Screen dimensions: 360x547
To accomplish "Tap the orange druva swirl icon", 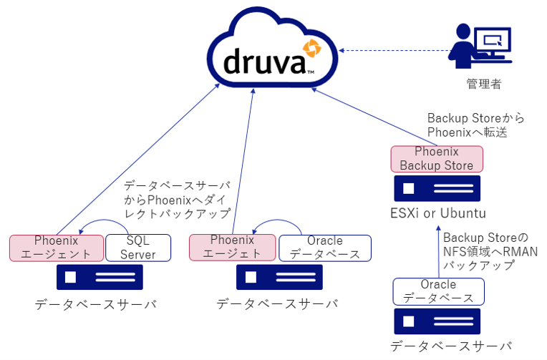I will coord(311,49).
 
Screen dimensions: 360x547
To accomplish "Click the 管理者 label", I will coord(484,84).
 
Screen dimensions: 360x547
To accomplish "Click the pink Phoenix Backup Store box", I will coord(437,159).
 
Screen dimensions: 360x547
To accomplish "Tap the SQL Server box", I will coord(138,248).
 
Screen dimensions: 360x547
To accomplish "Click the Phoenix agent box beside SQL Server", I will coord(56,248).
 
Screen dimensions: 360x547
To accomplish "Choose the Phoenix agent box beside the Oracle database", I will coord(233,248).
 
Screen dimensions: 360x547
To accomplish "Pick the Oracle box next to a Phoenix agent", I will coord(324,248).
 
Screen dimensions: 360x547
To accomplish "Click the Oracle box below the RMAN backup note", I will coord(438,291).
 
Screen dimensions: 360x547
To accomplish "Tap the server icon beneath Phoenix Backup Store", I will coord(437,188).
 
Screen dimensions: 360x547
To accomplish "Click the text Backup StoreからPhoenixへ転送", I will coord(466,125).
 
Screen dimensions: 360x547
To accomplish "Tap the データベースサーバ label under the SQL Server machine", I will coord(96,305).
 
